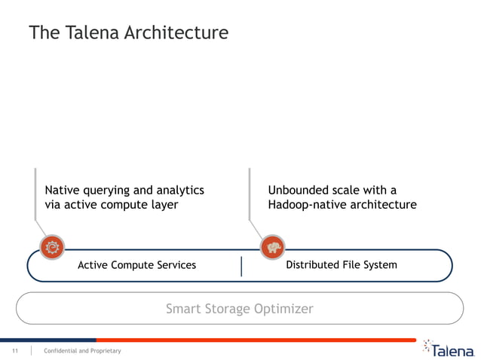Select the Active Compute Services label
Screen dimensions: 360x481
point(136,265)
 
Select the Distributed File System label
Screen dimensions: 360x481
point(342,265)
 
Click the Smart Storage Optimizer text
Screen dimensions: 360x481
point(239,309)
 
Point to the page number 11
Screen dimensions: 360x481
point(14,351)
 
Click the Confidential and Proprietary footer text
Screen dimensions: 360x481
point(82,351)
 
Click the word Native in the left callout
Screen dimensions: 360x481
point(64,190)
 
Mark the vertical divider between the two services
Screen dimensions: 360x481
point(241,266)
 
